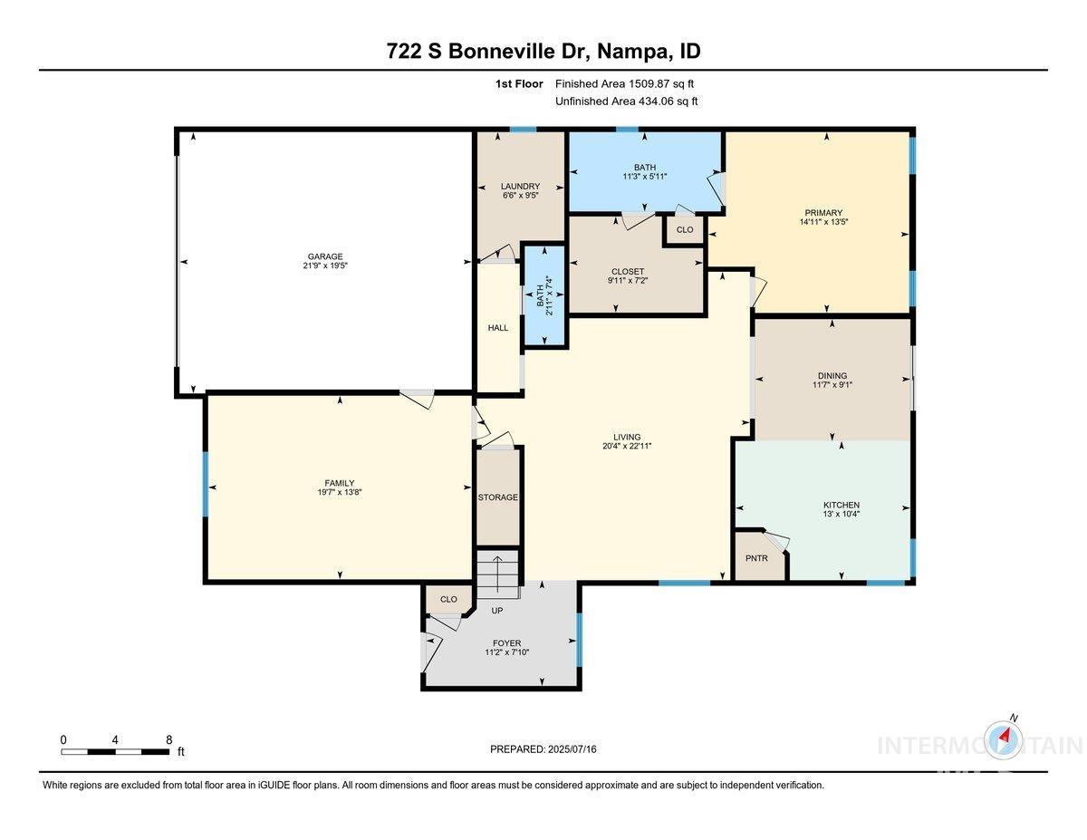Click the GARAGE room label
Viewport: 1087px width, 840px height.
323,256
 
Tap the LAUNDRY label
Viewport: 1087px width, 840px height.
520,186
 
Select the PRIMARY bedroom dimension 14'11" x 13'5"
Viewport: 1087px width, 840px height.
822,222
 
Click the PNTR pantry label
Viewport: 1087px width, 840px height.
756,558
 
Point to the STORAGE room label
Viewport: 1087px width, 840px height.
498,497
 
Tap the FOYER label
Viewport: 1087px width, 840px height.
501,643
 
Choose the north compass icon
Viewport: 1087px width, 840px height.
1004,736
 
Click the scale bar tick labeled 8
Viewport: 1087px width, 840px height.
168,739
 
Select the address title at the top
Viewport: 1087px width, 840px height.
543,52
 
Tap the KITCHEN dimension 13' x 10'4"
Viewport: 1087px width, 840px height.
841,515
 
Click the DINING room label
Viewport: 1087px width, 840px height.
832,375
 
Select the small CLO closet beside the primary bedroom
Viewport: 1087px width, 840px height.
685,229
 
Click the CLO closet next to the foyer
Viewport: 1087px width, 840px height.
448,599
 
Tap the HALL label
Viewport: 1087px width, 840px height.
498,328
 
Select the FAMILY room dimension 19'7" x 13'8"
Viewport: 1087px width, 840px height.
340,492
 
